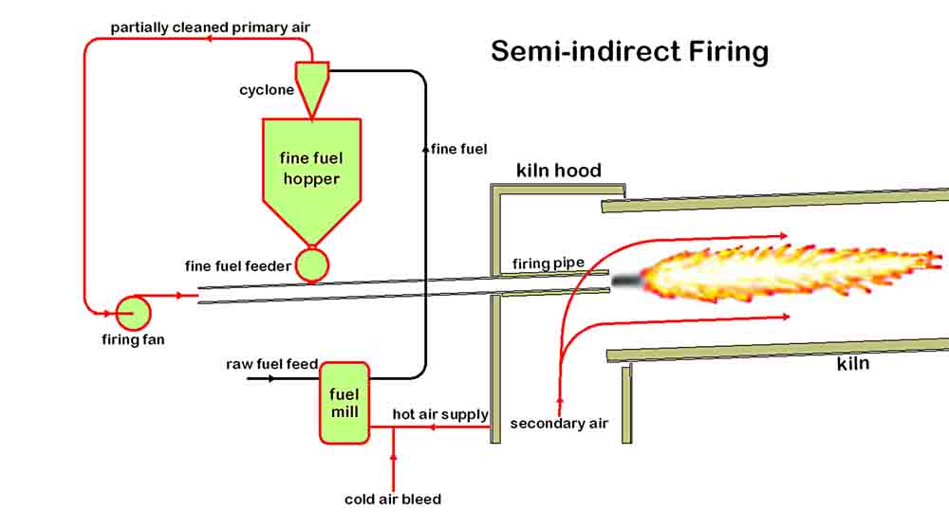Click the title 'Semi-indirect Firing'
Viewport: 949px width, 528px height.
[629, 50]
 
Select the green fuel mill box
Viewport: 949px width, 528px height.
[344, 403]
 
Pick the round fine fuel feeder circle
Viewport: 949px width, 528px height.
[310, 265]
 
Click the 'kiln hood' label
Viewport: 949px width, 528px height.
[558, 171]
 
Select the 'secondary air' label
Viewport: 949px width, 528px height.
[559, 424]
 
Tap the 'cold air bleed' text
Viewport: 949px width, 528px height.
[392, 499]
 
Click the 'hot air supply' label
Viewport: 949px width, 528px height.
[440, 414]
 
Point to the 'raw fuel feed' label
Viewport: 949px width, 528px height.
[271, 364]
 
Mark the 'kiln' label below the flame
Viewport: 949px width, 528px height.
[853, 363]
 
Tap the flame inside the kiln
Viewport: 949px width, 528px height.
[788, 272]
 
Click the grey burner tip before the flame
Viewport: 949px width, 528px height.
[627, 281]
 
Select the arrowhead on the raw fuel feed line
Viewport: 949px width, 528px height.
[271, 379]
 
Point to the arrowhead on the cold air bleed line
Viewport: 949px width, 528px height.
[393, 460]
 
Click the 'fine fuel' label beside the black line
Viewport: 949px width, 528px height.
[457, 149]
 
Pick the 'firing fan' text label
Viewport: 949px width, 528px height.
[133, 339]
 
